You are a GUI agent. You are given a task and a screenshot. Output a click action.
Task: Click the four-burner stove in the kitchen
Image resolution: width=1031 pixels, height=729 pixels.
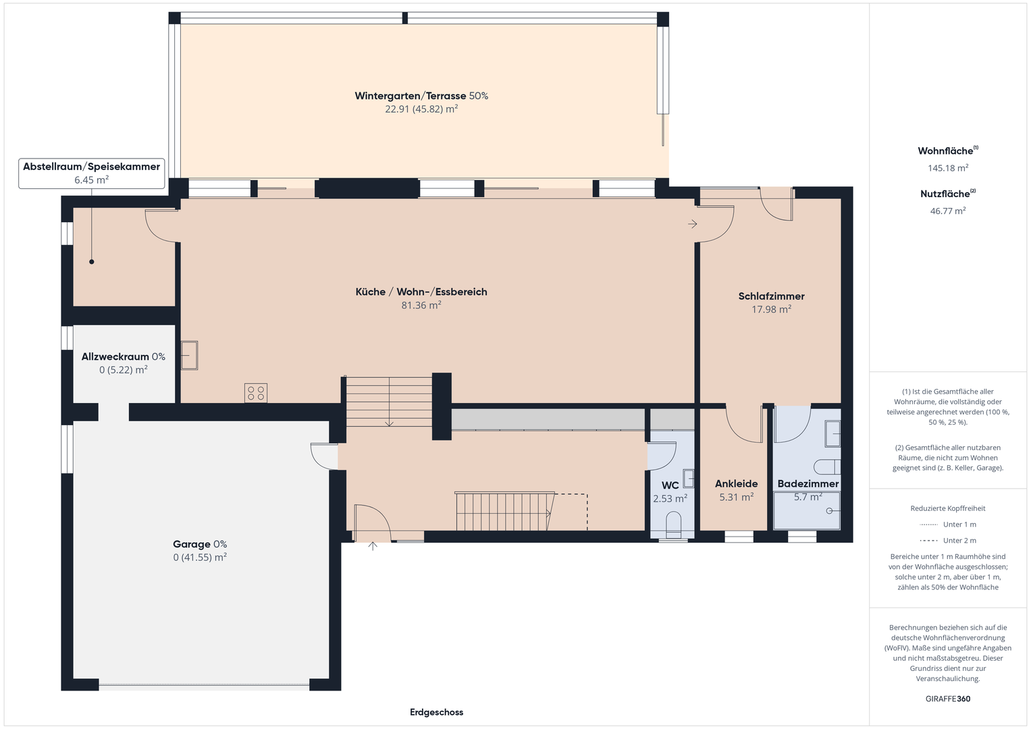(x=256, y=393)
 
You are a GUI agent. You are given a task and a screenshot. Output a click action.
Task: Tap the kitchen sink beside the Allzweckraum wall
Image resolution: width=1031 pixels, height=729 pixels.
(x=189, y=355)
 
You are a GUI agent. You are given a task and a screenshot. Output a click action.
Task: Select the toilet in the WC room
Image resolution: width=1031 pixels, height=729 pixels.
(x=673, y=526)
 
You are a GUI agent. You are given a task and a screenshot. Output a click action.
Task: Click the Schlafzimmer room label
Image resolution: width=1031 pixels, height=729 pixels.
(x=772, y=296)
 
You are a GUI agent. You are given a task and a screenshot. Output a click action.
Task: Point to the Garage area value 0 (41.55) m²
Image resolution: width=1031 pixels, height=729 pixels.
(x=200, y=558)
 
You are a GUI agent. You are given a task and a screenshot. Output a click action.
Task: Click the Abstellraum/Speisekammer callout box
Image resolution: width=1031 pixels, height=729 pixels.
(x=92, y=173)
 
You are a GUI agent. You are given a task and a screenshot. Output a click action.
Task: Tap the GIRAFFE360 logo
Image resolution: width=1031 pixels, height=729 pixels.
(x=948, y=699)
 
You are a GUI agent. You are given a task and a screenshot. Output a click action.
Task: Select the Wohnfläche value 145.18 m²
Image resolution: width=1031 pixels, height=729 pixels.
(x=948, y=168)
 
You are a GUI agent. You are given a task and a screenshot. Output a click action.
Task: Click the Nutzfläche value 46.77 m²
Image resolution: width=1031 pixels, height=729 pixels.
(x=948, y=211)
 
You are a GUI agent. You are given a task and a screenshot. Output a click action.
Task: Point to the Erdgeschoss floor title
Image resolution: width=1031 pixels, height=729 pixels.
(x=436, y=712)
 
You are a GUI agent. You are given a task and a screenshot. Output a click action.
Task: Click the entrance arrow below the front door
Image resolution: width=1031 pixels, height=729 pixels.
(x=373, y=546)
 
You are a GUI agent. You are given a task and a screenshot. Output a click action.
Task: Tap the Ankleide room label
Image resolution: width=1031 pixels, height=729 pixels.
(x=737, y=484)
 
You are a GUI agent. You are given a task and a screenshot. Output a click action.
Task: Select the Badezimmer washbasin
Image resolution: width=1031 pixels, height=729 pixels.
(x=832, y=433)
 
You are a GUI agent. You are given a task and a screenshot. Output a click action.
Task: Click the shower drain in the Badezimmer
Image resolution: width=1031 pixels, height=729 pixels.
(x=829, y=511)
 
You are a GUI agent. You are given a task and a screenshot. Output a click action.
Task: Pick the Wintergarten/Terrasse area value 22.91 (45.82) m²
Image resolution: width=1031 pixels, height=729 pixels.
(x=421, y=109)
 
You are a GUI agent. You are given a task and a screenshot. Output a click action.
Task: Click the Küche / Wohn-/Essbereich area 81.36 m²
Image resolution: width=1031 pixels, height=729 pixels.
(x=421, y=305)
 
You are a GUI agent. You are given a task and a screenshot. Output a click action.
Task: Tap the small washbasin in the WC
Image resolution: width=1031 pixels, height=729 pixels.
(x=688, y=478)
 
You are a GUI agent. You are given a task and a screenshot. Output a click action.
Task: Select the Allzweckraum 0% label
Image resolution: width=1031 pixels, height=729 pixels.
(x=124, y=356)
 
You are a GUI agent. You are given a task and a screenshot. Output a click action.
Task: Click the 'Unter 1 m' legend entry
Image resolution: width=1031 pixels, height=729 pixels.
(x=948, y=524)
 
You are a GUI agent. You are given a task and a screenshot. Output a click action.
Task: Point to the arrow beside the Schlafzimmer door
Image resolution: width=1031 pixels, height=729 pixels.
(x=693, y=224)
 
